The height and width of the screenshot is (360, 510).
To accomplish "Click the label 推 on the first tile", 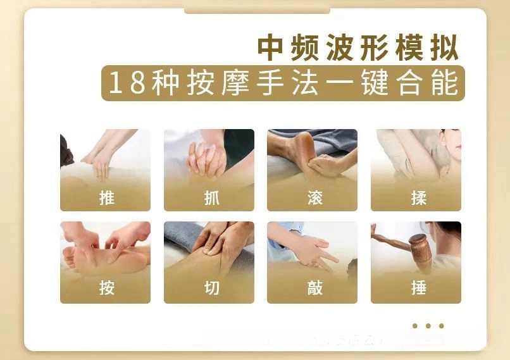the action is (x=107, y=198).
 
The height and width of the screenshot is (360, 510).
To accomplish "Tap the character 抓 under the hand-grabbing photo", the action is (x=212, y=198).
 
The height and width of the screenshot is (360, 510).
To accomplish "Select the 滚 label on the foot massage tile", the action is (x=315, y=198).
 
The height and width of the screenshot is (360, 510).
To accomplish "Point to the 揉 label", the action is (x=419, y=198).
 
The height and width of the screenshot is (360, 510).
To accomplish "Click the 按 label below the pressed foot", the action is (x=107, y=288).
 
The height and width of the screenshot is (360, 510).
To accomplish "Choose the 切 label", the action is (x=212, y=288).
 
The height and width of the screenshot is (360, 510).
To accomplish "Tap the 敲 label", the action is (x=315, y=288).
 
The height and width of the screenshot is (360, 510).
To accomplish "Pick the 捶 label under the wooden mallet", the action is (x=419, y=288).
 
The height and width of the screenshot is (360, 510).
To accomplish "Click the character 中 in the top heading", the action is (x=270, y=47).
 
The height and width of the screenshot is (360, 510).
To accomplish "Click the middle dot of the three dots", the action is (x=428, y=326).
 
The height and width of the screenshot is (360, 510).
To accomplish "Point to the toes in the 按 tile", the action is (x=68, y=258).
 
